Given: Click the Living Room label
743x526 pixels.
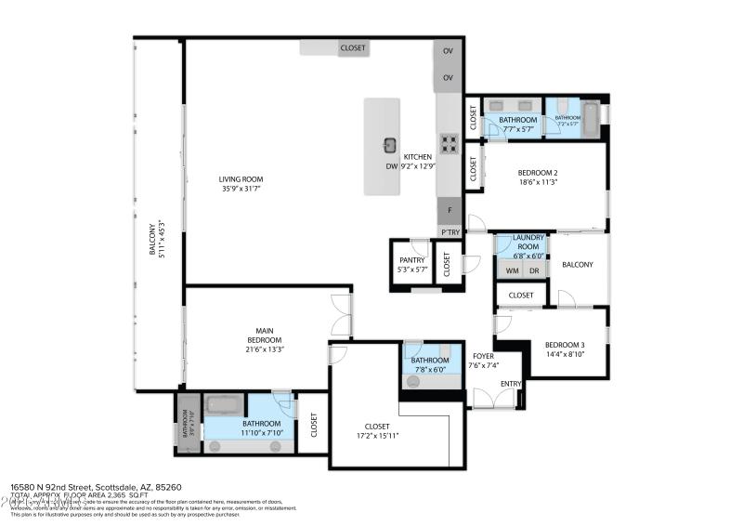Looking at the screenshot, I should point(241,184).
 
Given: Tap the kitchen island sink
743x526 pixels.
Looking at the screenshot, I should point(391,144).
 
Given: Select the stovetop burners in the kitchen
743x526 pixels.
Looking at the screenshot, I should point(450,143).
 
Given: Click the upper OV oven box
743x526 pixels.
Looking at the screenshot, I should point(448,52).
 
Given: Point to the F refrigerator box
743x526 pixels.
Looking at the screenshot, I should point(450,211).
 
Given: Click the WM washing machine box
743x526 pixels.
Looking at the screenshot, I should point(512,270).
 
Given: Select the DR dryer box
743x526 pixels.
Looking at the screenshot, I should point(533,270).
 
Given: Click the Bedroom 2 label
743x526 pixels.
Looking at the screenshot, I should point(537,178).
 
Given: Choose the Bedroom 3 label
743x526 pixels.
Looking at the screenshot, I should point(565,349).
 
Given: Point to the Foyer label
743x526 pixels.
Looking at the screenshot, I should point(484,360).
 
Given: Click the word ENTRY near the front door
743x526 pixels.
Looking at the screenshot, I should point(511,384).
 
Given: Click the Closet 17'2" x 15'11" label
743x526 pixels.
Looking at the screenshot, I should point(376,430).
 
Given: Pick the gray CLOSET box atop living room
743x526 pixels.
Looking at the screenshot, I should point(353,48).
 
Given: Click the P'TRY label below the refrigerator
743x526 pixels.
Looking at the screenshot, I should point(450,231).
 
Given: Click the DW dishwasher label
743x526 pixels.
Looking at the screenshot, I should point(391,167).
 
